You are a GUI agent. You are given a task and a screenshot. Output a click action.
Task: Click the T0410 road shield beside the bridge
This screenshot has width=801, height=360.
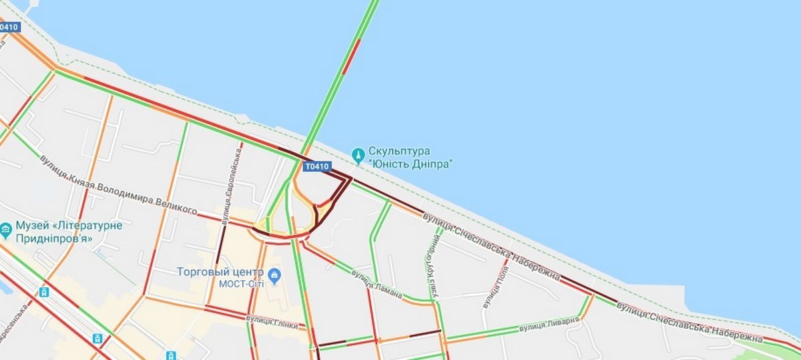pos(317,166)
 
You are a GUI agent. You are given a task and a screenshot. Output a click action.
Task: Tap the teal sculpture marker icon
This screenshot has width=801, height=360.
pos(358,151)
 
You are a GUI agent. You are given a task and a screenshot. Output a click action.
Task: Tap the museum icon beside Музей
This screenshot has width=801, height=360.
pos(7,230)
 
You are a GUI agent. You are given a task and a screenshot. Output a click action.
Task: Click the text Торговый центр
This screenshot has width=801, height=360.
pos(222,272)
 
